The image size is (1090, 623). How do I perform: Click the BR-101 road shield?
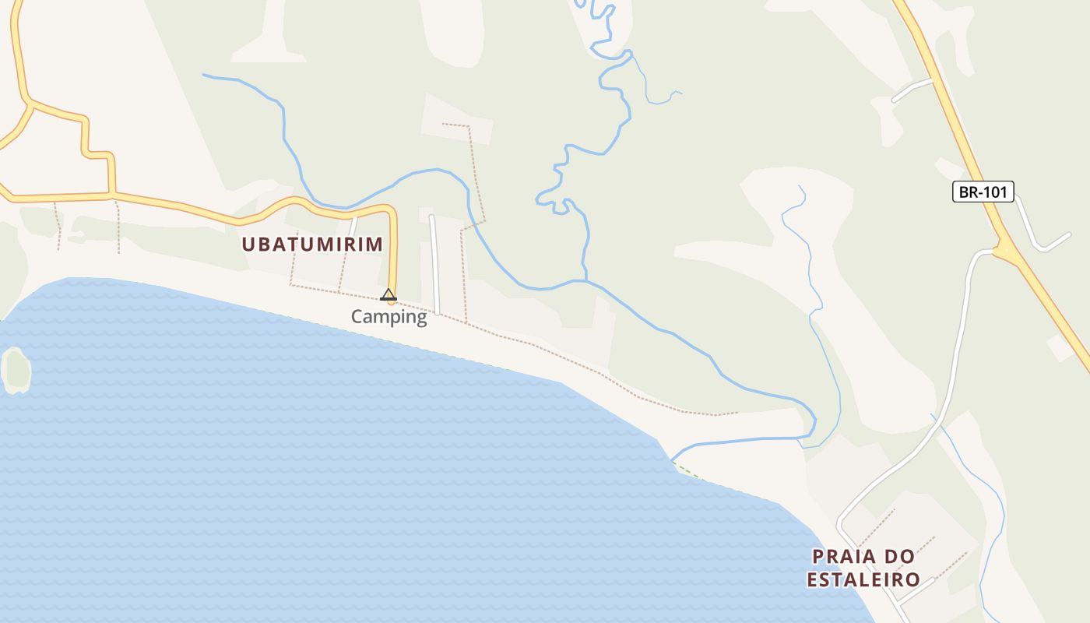pyautogui.click(x=983, y=192)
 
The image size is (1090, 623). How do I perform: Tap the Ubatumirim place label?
pyautogui.click(x=312, y=245)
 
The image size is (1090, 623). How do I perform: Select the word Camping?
pyautogui.click(x=389, y=317)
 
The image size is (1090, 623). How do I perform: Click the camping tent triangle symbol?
pyautogui.click(x=389, y=294)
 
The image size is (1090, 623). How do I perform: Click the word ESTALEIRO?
pyautogui.click(x=863, y=580)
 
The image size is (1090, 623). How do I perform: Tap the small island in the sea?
pyautogui.click(x=15, y=368)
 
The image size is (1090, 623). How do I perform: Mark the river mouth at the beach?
pyautogui.click(x=673, y=459)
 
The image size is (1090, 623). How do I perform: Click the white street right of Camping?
pyautogui.click(x=434, y=265)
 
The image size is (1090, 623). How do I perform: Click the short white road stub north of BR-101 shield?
pyautogui.click(x=911, y=90)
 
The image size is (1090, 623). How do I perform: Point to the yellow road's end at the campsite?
pyautogui.click(x=392, y=301)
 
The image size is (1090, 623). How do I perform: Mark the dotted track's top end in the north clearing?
pyautogui.click(x=444, y=124)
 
